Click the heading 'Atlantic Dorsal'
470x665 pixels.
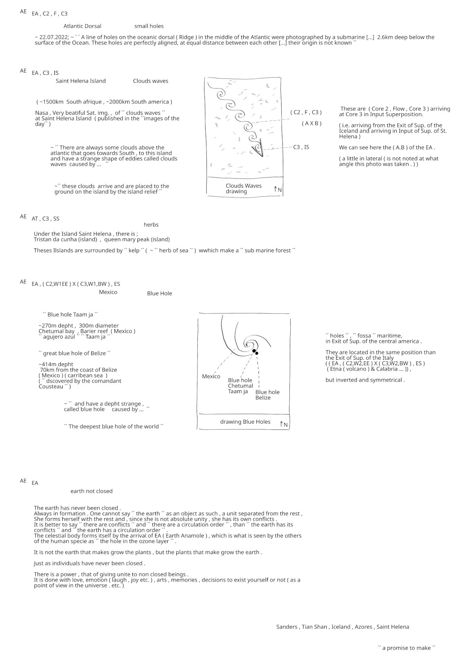(82, 26)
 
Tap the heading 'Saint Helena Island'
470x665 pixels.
(81, 81)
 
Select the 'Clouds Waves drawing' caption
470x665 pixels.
(243, 188)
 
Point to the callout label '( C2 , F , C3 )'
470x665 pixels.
(306, 112)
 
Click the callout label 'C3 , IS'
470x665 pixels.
(301, 147)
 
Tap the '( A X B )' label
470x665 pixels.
(311, 123)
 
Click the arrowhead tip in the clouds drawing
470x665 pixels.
(261, 156)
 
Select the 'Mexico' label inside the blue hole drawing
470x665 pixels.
(211, 377)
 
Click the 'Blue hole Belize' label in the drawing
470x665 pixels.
(267, 395)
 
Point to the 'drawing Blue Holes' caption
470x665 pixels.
(245, 422)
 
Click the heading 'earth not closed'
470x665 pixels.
(91, 491)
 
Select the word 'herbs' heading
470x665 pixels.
(151, 225)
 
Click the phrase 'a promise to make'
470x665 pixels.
(406, 648)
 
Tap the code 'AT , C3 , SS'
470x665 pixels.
(45, 219)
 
